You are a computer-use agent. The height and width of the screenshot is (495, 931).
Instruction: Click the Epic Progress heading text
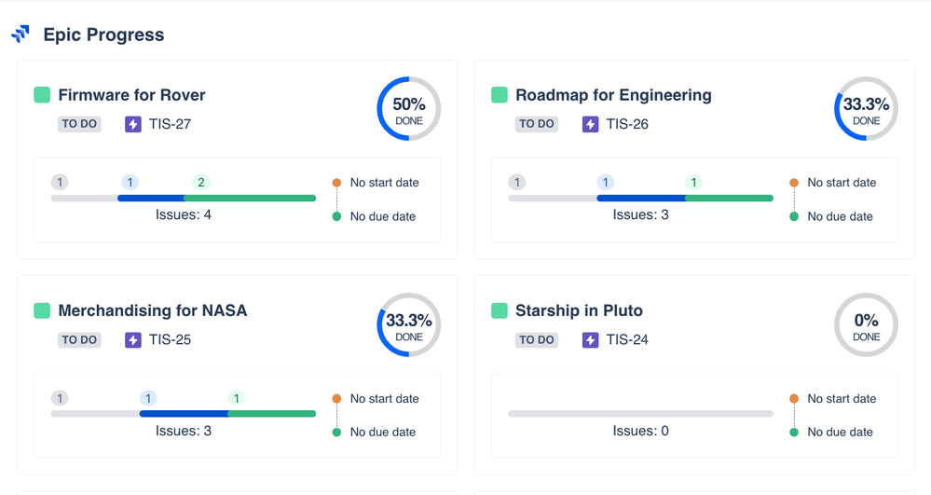(103, 35)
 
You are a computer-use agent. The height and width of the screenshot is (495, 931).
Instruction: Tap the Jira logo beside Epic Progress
(21, 34)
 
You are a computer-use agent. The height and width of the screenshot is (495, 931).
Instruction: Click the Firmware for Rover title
(131, 95)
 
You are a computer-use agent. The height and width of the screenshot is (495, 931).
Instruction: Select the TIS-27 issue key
(170, 124)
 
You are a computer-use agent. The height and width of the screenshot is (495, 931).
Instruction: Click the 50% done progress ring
(408, 109)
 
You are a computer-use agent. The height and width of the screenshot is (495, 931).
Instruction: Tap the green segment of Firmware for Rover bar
(250, 198)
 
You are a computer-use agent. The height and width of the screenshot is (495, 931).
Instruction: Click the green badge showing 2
(200, 183)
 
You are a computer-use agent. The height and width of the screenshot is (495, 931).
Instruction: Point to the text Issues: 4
(183, 215)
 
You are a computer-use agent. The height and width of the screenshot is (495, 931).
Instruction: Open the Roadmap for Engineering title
(613, 95)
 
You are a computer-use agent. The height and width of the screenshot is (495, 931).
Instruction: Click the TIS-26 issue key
(627, 124)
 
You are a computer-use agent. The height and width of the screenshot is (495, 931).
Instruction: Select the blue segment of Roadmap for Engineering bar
(640, 198)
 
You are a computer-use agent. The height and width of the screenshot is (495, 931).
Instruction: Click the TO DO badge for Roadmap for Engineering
(536, 124)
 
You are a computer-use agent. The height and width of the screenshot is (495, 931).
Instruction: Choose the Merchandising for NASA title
(153, 310)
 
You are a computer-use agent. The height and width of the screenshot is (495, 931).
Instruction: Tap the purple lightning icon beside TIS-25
(133, 339)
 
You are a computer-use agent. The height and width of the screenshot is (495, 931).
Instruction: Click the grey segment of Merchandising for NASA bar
(95, 413)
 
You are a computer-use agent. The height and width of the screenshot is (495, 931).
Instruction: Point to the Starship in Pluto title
(579, 310)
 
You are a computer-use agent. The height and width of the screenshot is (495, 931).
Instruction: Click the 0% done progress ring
(866, 325)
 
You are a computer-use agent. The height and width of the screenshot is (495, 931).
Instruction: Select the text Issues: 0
(640, 431)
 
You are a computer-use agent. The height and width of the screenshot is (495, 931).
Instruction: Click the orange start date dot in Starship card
(794, 399)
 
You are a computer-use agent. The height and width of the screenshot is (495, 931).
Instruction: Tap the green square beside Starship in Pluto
(500, 310)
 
